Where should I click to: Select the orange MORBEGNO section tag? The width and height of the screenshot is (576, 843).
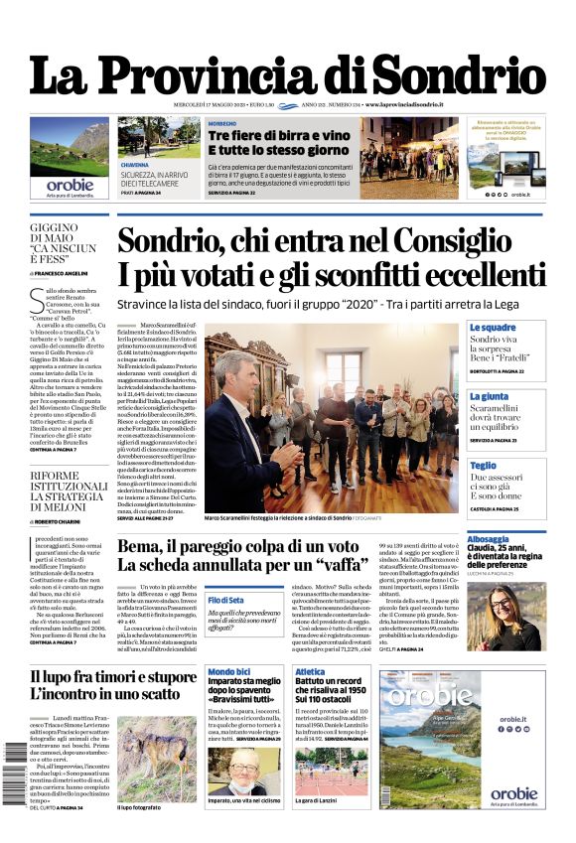pyautogui.click(x=222, y=123)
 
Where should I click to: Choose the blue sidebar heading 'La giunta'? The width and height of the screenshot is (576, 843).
pyautogui.click(x=489, y=396)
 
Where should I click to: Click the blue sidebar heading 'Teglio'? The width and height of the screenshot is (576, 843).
pyautogui.click(x=483, y=465)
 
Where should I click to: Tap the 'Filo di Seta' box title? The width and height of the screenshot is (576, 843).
pyautogui.click(x=225, y=600)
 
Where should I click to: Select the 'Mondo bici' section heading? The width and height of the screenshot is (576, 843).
pyautogui.click(x=229, y=672)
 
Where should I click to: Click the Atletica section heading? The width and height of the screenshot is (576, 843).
pyautogui.click(x=310, y=672)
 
